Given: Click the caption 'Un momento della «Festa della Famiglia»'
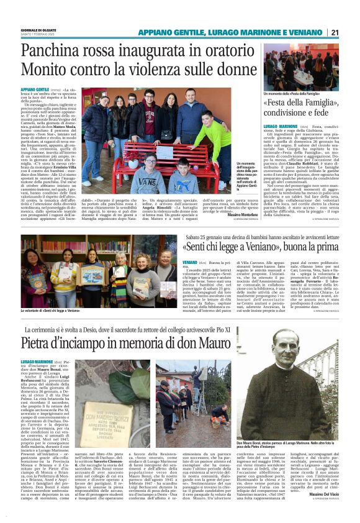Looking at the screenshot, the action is [x=291, y=93].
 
